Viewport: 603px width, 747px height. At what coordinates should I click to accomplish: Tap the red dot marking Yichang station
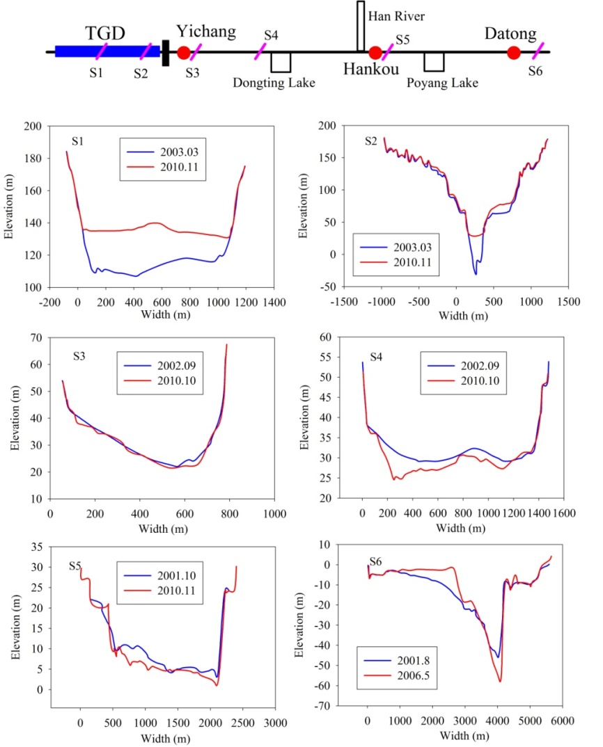click(x=184, y=52)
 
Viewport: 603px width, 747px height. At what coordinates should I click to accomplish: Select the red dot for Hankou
click(x=375, y=53)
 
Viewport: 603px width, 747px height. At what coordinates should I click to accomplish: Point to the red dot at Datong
click(x=514, y=53)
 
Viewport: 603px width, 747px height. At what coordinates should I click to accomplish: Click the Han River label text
click(x=396, y=15)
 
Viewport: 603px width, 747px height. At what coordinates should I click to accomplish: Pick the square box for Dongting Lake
click(x=281, y=62)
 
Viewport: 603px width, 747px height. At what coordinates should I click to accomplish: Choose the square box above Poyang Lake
click(x=434, y=62)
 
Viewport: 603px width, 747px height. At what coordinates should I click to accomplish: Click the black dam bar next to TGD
click(x=166, y=53)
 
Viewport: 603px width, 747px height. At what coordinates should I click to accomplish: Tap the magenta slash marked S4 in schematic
click(x=260, y=51)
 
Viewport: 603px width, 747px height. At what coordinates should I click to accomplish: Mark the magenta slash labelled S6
click(x=538, y=51)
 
